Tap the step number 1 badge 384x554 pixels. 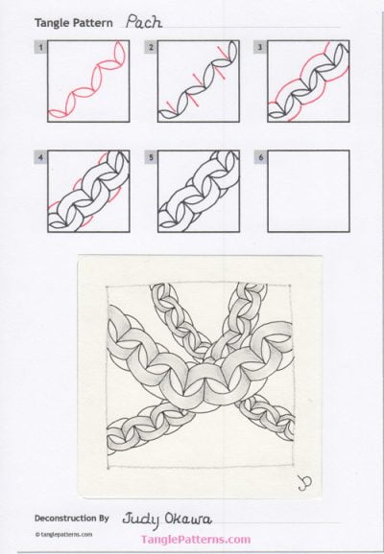[x=37, y=46]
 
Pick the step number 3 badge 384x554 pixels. [x=261, y=46]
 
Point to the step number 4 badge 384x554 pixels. [x=37, y=154]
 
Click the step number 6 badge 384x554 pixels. [x=261, y=154]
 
